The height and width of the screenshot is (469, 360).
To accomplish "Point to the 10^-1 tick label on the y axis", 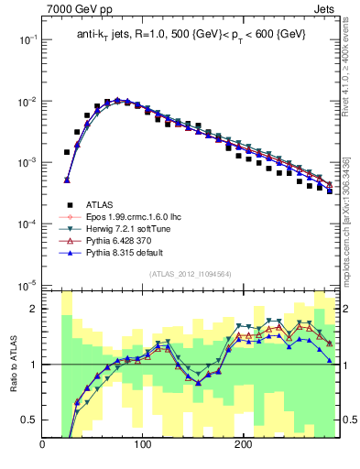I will [x=26, y=39].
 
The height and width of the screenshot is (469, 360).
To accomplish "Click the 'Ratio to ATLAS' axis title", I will [x=12, y=365].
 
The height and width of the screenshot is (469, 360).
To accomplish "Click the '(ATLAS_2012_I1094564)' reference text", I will [x=189, y=274].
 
